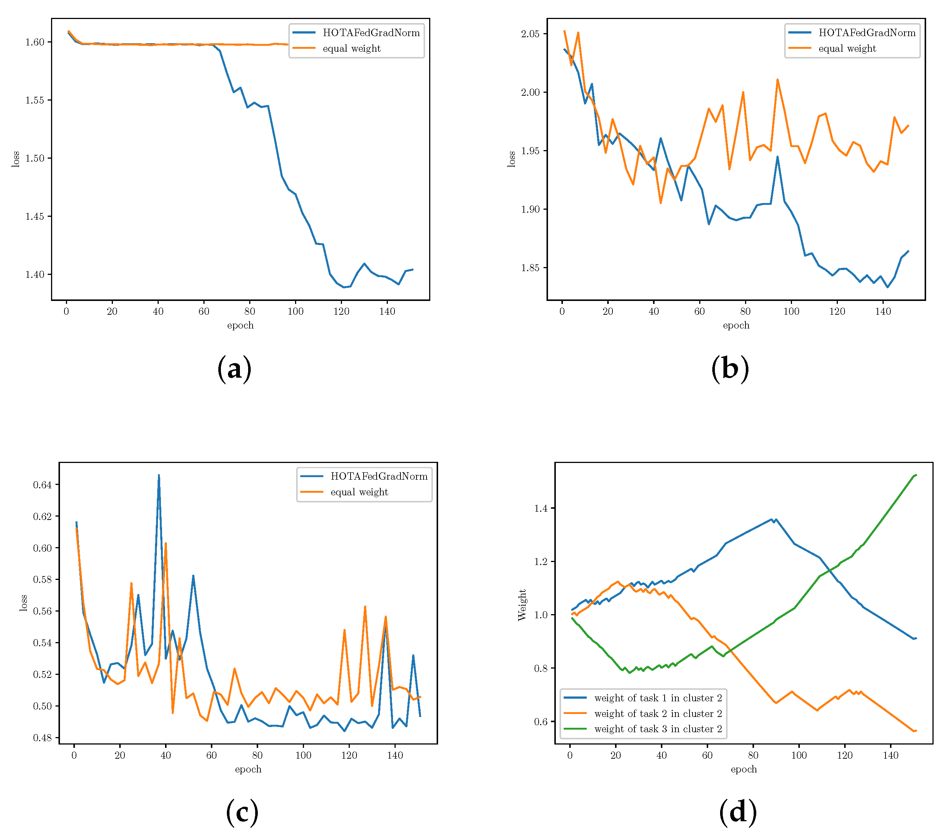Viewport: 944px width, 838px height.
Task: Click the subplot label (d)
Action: tap(738, 813)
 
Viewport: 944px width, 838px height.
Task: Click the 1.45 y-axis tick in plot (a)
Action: tap(35, 216)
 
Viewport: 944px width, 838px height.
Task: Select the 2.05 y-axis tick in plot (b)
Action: tap(530, 34)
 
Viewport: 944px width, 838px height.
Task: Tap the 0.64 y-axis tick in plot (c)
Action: tap(42, 484)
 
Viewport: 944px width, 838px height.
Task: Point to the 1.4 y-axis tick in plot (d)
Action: tap(541, 508)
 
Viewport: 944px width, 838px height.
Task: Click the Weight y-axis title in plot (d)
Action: tap(522, 605)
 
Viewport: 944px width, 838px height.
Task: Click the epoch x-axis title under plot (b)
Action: tap(736, 325)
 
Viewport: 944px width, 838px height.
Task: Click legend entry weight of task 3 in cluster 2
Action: tap(658, 729)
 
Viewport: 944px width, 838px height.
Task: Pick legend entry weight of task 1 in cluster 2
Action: tap(658, 698)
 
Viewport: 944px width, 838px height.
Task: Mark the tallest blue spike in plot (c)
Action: tap(159, 475)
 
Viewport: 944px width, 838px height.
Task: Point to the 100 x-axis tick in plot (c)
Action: tap(303, 755)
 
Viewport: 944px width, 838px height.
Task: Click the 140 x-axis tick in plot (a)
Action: tap(387, 312)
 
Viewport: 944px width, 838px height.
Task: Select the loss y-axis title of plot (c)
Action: tap(23, 603)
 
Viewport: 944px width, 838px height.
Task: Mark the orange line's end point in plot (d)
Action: tap(915, 731)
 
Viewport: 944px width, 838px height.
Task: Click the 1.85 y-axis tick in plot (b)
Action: tap(530, 268)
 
